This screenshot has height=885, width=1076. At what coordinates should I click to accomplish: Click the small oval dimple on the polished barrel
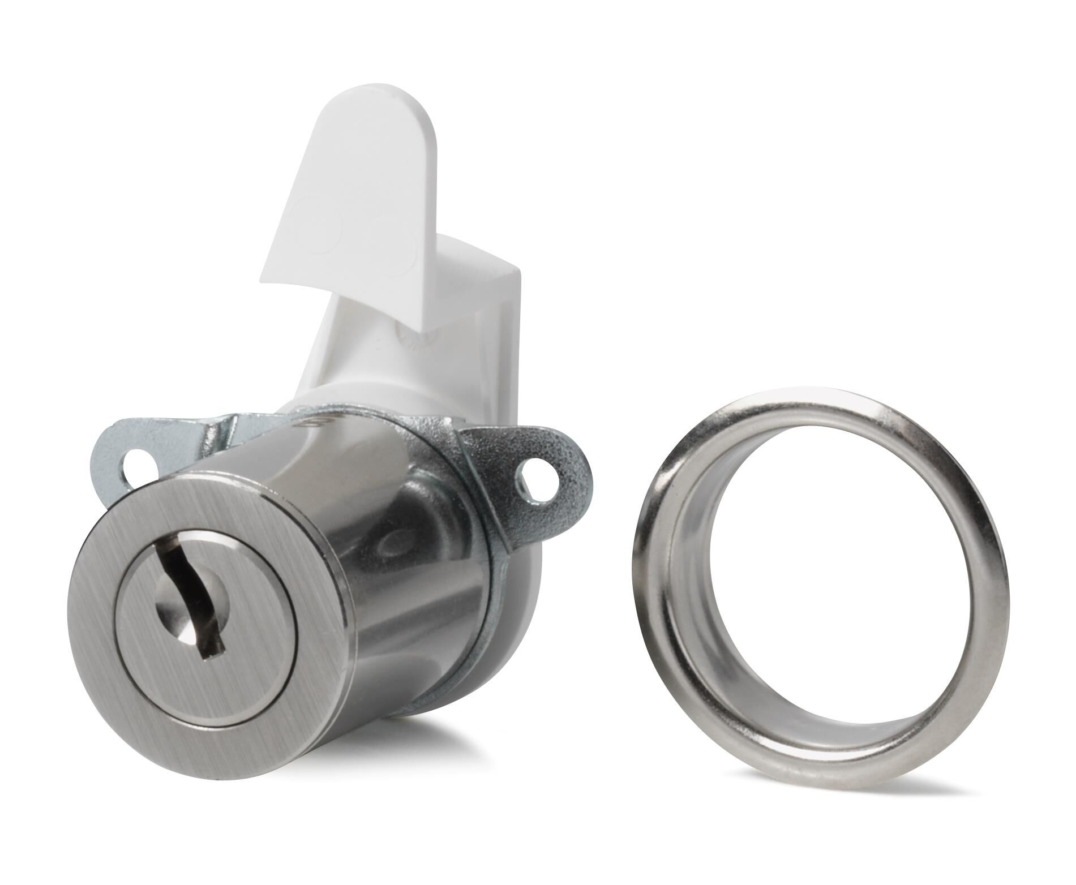pyautogui.click(x=396, y=543)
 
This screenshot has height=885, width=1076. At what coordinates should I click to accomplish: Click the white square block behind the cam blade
pyautogui.click(x=487, y=283)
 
